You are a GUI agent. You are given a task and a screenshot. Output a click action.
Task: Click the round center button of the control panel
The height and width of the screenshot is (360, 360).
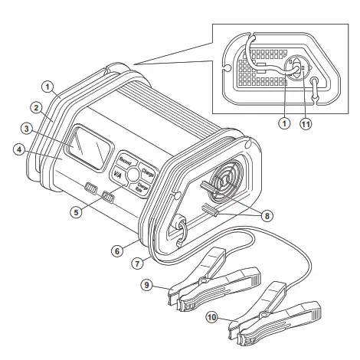tap(135, 174)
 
